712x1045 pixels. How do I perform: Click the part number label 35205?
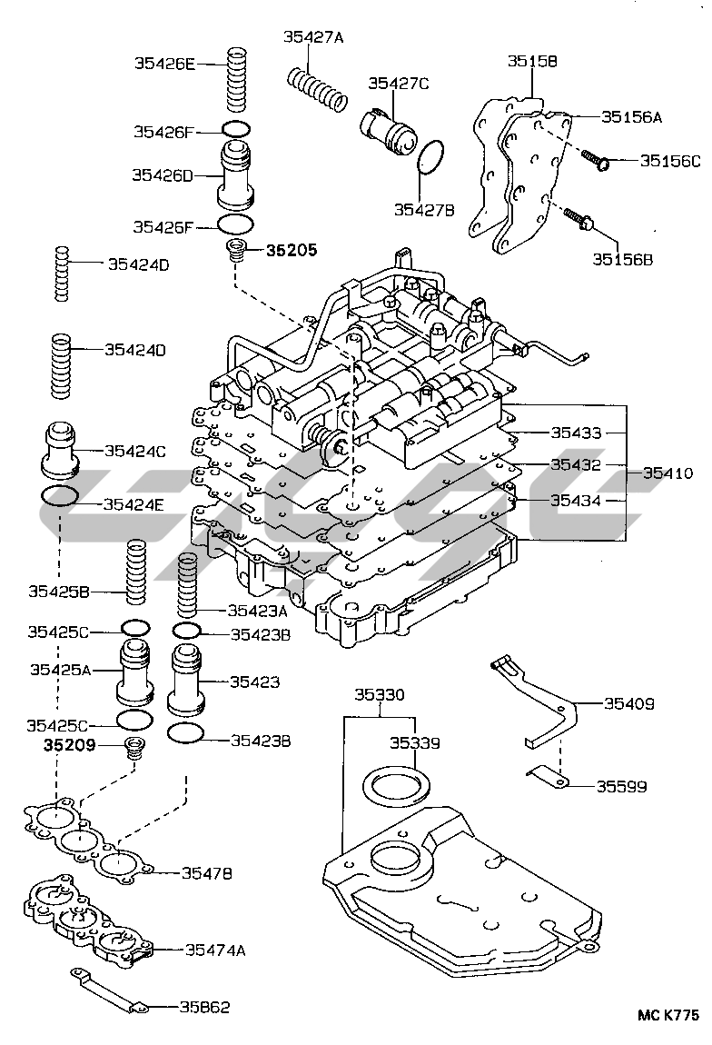tap(292, 250)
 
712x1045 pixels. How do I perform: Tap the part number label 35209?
tap(69, 744)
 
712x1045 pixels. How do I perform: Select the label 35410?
tap(668, 473)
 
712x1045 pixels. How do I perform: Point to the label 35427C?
tap(399, 83)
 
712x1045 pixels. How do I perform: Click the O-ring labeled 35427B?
tap(430, 159)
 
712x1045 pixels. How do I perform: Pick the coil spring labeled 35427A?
tap(317, 89)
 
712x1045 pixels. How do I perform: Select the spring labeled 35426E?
tap(237, 79)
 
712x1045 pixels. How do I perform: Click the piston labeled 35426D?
tap(236, 174)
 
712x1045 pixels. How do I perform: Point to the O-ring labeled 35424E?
tap(61, 496)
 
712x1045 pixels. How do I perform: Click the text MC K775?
tap(668, 1015)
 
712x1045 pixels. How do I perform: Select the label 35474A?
tap(215, 949)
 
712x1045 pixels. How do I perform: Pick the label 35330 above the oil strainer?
tap(379, 694)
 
